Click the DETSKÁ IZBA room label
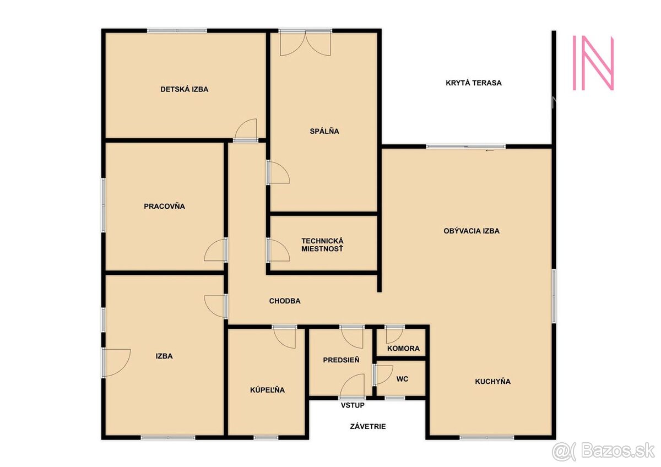tap(184, 89)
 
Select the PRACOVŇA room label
tap(164, 207)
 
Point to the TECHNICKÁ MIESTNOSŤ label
tap(322, 245)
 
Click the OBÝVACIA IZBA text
tap(471, 231)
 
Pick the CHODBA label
tap(284, 301)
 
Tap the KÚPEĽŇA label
tap(268, 390)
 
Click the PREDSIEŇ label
tap(341, 360)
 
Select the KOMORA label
tap(403, 349)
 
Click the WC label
tap(403, 379)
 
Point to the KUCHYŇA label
tap(492, 381)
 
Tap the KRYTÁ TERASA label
tap(474, 83)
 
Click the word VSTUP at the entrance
tap(353, 405)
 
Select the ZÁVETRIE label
tap(367, 426)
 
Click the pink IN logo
tap(593, 62)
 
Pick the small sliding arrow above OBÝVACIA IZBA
tap(489, 150)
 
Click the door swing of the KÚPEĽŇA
tap(285, 337)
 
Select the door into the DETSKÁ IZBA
tap(246, 131)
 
